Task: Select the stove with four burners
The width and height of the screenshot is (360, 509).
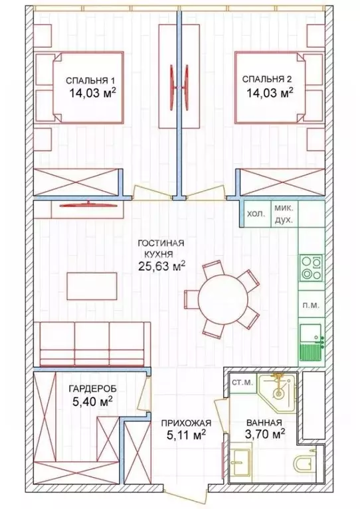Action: (311, 267)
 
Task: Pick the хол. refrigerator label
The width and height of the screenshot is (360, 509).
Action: (255, 214)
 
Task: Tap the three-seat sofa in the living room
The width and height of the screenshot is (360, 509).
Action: (92, 342)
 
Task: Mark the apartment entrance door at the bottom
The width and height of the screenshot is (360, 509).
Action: (187, 494)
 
